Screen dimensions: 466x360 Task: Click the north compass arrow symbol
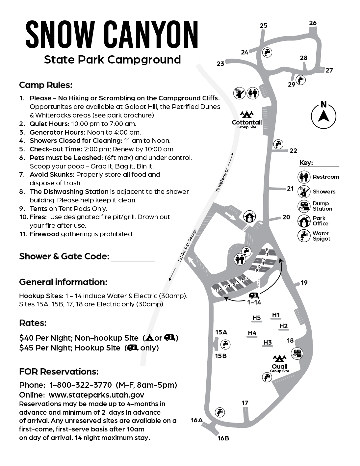(323, 116)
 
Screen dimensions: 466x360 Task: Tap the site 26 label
(313, 23)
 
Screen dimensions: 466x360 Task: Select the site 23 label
(220, 64)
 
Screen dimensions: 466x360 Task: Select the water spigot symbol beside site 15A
(225, 344)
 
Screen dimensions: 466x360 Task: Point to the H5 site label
(256, 318)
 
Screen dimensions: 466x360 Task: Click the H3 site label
(268, 343)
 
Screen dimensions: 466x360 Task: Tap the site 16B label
(223, 438)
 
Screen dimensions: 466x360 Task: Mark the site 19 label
(304, 282)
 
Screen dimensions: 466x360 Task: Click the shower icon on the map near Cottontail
(239, 93)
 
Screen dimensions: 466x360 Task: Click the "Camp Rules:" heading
(46, 85)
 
